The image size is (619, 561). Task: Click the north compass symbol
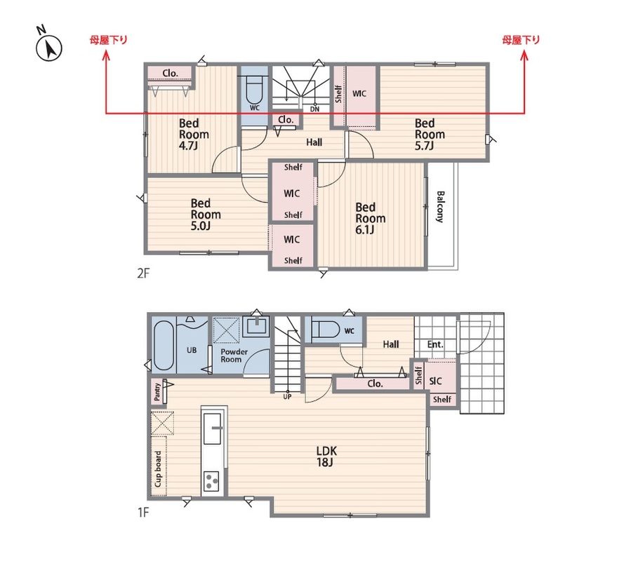[49, 48]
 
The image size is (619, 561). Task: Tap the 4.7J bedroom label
[194, 135]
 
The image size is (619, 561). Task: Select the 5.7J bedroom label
[430, 135]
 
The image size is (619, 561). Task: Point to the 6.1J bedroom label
[371, 218]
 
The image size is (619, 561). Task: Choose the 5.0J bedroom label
[205, 214]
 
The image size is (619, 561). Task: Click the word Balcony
[441, 207]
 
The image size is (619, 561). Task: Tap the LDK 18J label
[326, 456]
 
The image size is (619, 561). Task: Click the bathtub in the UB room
[164, 346]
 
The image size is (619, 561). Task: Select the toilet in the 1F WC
[326, 329]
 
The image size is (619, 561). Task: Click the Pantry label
[157, 391]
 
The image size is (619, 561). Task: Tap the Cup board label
[158, 468]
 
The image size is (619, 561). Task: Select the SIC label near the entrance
[435, 381]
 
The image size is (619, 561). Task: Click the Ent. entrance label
[435, 344]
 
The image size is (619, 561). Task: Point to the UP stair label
[287, 396]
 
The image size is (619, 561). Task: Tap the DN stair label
[314, 109]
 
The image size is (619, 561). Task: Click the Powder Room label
[234, 356]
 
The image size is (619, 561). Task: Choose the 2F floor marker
[143, 273]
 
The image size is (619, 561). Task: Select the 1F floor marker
[143, 512]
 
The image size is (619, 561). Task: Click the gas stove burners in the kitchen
[211, 481]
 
